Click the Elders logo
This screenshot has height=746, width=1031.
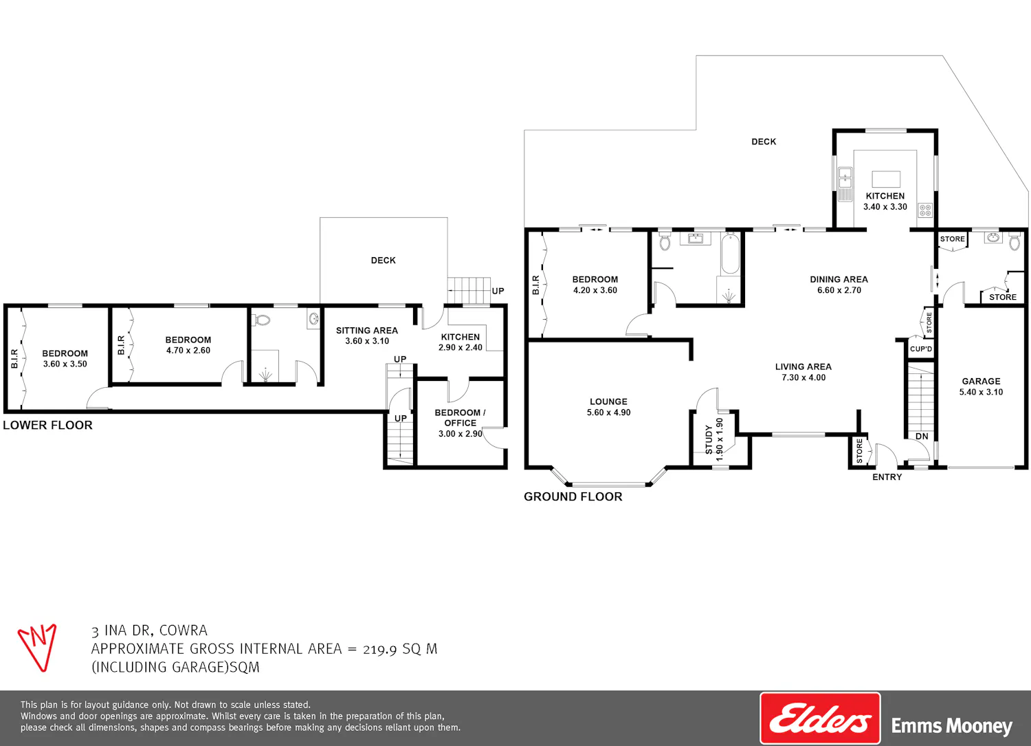pyautogui.click(x=820, y=718)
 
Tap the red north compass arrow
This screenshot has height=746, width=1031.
pyautogui.click(x=38, y=647)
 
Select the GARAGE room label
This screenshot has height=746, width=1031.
pyautogui.click(x=981, y=382)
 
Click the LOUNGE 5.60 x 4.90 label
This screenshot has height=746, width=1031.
pyautogui.click(x=608, y=407)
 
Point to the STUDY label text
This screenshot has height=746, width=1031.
pyautogui.click(x=709, y=440)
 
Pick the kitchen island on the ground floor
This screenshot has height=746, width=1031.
pyautogui.click(x=886, y=179)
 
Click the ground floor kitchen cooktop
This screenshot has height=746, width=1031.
pyautogui.click(x=925, y=210)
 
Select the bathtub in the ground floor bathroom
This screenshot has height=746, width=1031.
pyautogui.click(x=730, y=254)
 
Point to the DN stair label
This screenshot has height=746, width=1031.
pyautogui.click(x=922, y=436)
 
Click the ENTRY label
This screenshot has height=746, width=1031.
pyautogui.click(x=887, y=477)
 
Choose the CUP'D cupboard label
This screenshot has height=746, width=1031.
pyautogui.click(x=920, y=349)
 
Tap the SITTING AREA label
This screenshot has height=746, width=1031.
pyautogui.click(x=367, y=330)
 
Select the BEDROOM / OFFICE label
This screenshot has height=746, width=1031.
pyautogui.click(x=461, y=417)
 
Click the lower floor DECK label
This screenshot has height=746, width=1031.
pyautogui.click(x=384, y=260)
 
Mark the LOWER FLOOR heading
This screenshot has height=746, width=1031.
pyautogui.click(x=48, y=425)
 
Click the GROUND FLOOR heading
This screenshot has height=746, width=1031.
pyautogui.click(x=573, y=496)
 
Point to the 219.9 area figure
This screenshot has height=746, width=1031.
pyautogui.click(x=379, y=649)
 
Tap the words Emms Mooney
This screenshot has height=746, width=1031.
pyautogui.click(x=952, y=726)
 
